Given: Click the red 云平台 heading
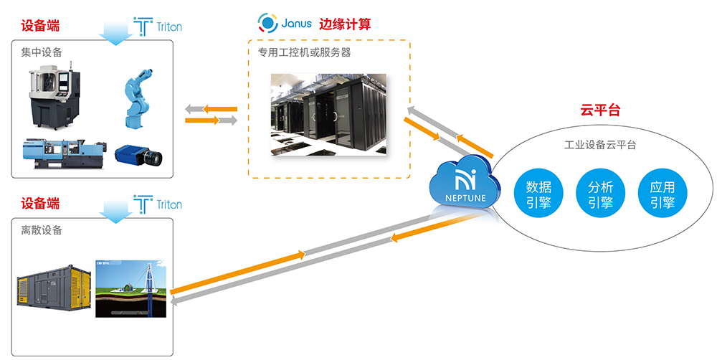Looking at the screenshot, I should click(x=599, y=110).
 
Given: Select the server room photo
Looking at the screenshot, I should click(x=328, y=115).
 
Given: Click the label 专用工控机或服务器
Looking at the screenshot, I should click(x=304, y=52).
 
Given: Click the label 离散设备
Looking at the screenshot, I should click(x=42, y=230).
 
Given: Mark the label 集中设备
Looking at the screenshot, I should click(x=42, y=52).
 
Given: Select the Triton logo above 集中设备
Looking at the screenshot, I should click(x=158, y=26).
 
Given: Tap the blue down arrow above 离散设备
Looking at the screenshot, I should click(x=114, y=209).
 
